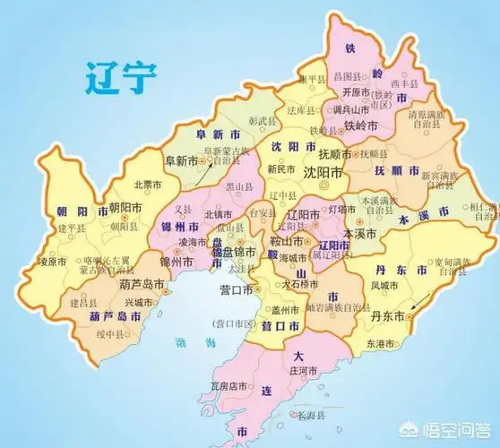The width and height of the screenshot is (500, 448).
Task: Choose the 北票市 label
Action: (146, 184)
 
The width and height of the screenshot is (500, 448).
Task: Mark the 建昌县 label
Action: (82, 305)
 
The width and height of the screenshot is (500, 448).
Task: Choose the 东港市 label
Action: (383, 343)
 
